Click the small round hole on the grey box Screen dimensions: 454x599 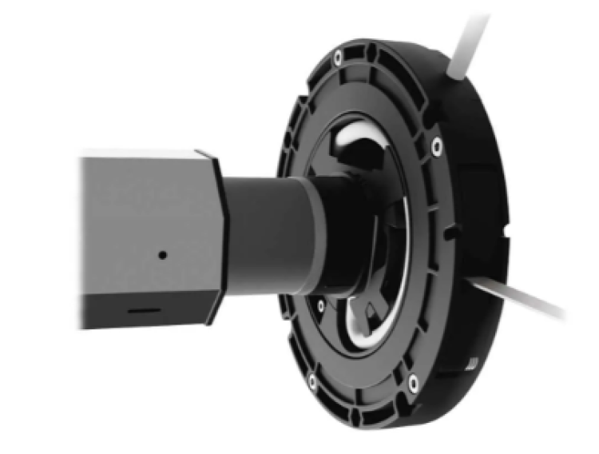(162, 255)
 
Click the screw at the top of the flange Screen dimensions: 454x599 (339, 58)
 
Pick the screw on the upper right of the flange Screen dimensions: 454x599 (434, 146)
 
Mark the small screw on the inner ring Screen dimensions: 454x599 (321, 305)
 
